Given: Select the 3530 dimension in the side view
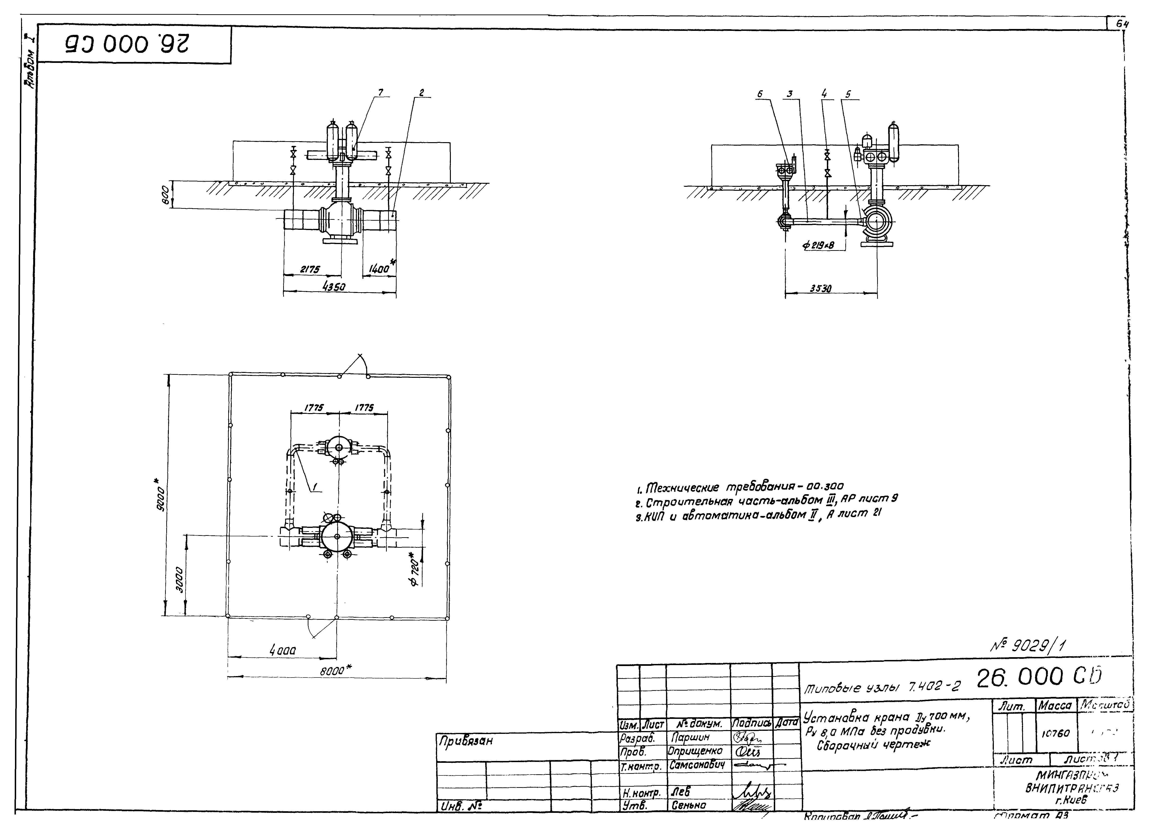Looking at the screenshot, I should point(822,289).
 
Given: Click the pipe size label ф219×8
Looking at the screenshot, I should point(818,246).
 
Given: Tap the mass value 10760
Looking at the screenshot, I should point(1056,733).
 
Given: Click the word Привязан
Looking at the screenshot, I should point(465,741).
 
